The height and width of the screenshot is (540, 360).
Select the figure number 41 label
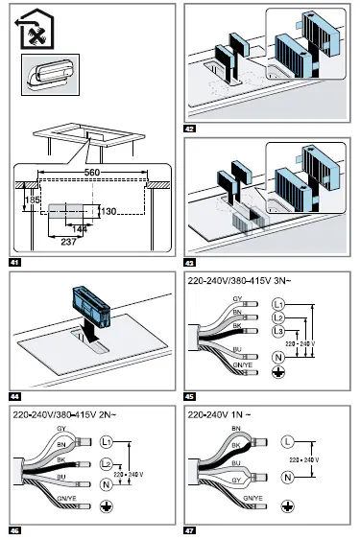click(x=12, y=261)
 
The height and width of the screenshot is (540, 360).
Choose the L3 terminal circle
click(x=277, y=331)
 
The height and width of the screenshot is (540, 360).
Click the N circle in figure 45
click(x=277, y=358)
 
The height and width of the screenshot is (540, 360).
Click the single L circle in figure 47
click(x=287, y=442)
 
